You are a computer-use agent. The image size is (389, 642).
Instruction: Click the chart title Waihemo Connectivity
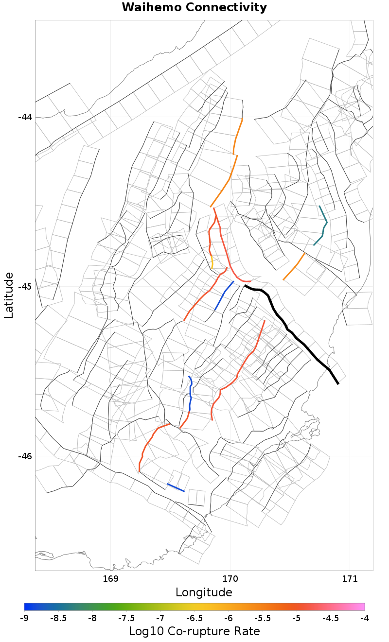click(x=194, y=7)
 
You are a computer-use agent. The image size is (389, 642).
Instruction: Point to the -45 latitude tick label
click(x=25, y=286)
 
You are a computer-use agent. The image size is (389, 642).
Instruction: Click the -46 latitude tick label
click(x=25, y=456)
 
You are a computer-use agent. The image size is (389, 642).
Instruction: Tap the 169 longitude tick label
click(x=111, y=579)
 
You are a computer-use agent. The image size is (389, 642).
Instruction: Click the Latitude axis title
click(x=9, y=295)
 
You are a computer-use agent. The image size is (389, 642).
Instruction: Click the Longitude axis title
click(x=204, y=592)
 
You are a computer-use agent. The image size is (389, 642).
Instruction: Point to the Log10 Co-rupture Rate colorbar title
click(x=194, y=631)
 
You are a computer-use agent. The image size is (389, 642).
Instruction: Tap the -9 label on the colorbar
click(x=24, y=618)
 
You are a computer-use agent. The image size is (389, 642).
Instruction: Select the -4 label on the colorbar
click(x=365, y=618)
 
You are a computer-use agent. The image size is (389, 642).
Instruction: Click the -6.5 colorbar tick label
click(x=194, y=618)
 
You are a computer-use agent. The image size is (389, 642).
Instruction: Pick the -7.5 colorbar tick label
click(x=126, y=618)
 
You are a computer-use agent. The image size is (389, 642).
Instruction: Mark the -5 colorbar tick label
click(x=297, y=618)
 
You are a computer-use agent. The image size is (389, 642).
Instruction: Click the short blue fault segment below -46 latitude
click(x=176, y=487)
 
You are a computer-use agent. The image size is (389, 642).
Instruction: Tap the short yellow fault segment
click(x=212, y=262)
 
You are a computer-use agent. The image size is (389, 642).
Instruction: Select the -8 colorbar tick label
click(x=92, y=618)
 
